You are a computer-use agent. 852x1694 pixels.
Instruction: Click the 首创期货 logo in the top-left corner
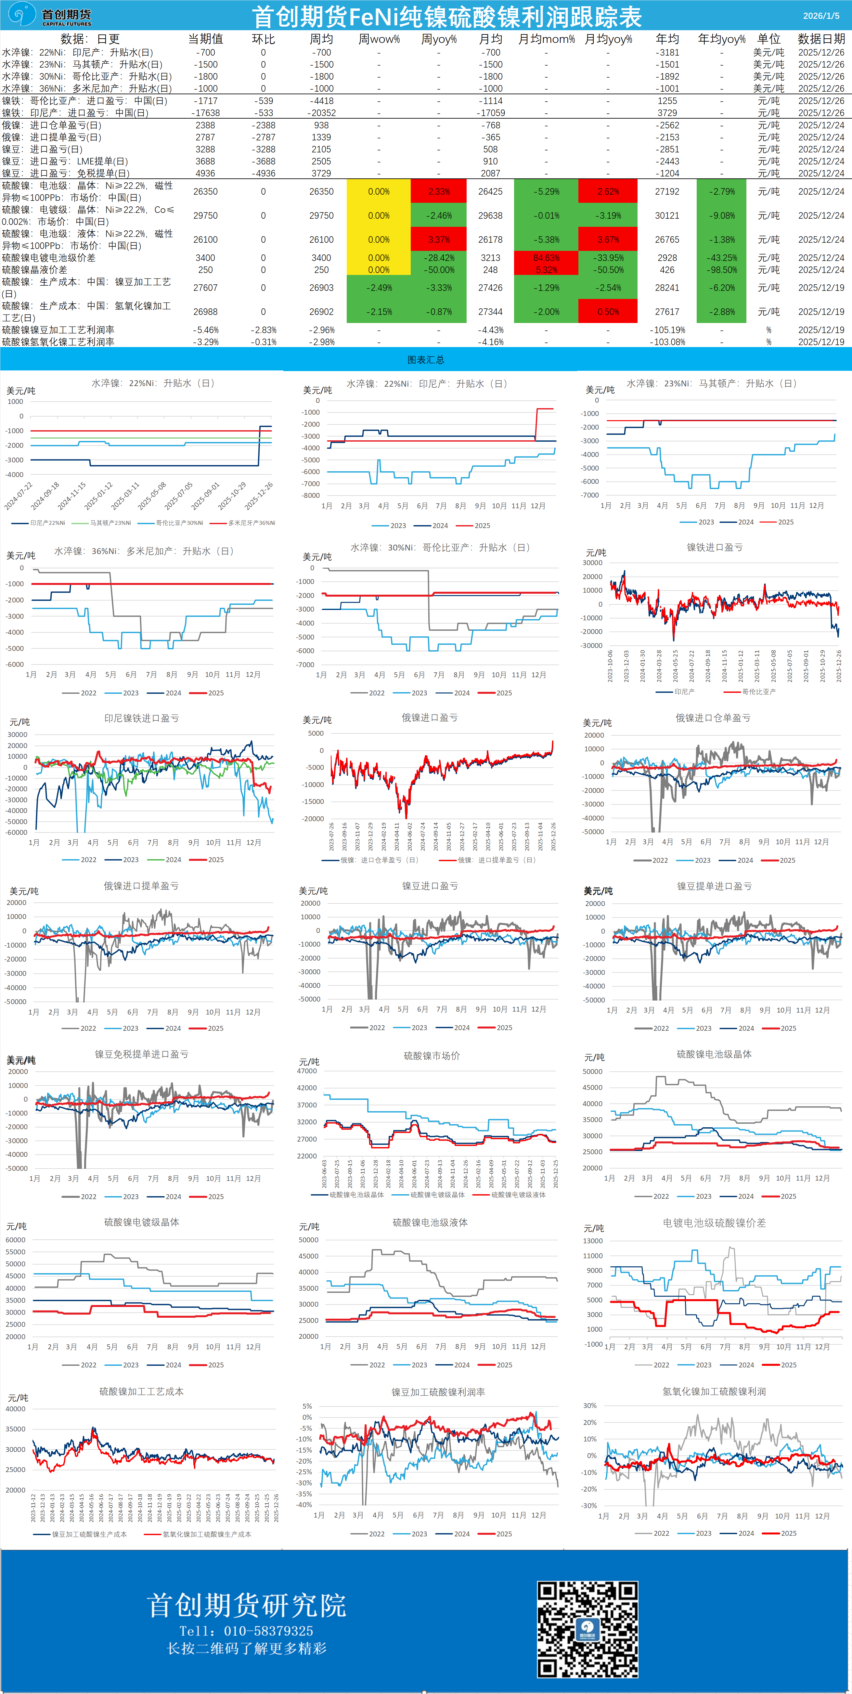[x=49, y=15]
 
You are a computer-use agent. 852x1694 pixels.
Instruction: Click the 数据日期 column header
[x=821, y=39]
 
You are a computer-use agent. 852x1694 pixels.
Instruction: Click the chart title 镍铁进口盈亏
[x=715, y=547]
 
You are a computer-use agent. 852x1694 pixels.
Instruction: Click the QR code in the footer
[x=587, y=1628]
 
